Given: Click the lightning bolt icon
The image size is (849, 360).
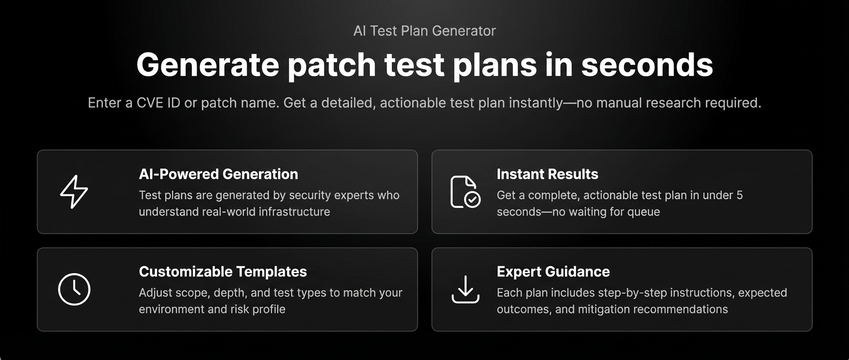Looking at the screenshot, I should [x=74, y=192].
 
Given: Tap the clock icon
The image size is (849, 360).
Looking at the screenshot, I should [x=74, y=289].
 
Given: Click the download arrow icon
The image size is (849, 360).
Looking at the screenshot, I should [x=465, y=289].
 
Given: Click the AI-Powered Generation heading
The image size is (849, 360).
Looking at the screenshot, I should [x=218, y=174].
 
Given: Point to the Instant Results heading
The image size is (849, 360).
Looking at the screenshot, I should [x=547, y=174].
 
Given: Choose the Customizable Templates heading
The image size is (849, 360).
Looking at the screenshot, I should [x=222, y=272].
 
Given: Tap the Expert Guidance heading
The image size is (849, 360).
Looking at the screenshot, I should [x=553, y=272].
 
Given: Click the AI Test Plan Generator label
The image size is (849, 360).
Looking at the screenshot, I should [x=424, y=31].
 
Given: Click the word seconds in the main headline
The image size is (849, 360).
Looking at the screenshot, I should [x=647, y=65].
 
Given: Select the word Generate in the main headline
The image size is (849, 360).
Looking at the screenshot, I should [x=207, y=65].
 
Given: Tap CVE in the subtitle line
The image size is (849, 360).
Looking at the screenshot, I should [x=151, y=103].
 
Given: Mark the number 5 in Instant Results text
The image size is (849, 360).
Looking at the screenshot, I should [x=740, y=196].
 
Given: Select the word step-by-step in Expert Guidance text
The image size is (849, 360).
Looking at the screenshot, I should [x=624, y=293].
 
